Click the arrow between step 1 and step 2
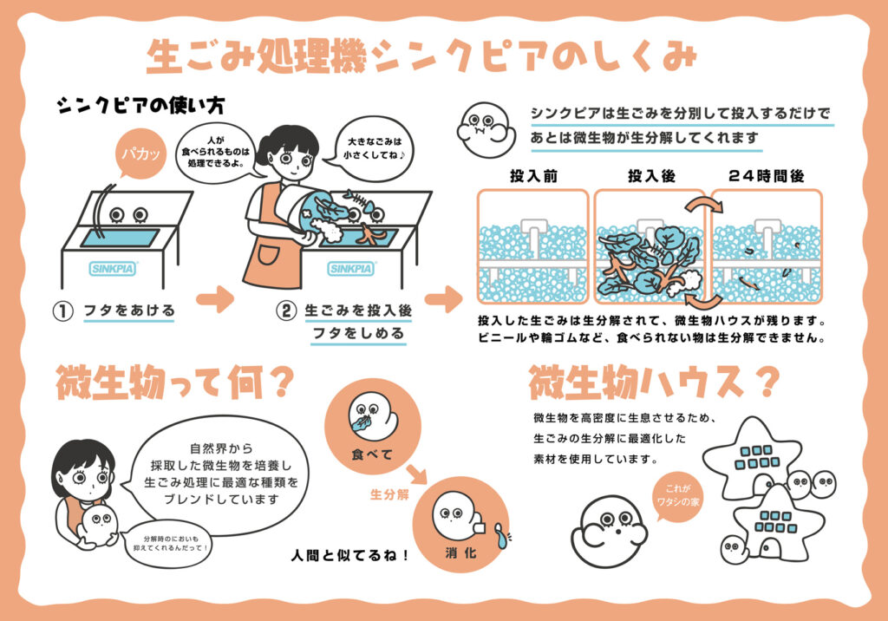214,302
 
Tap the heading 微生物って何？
168,382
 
